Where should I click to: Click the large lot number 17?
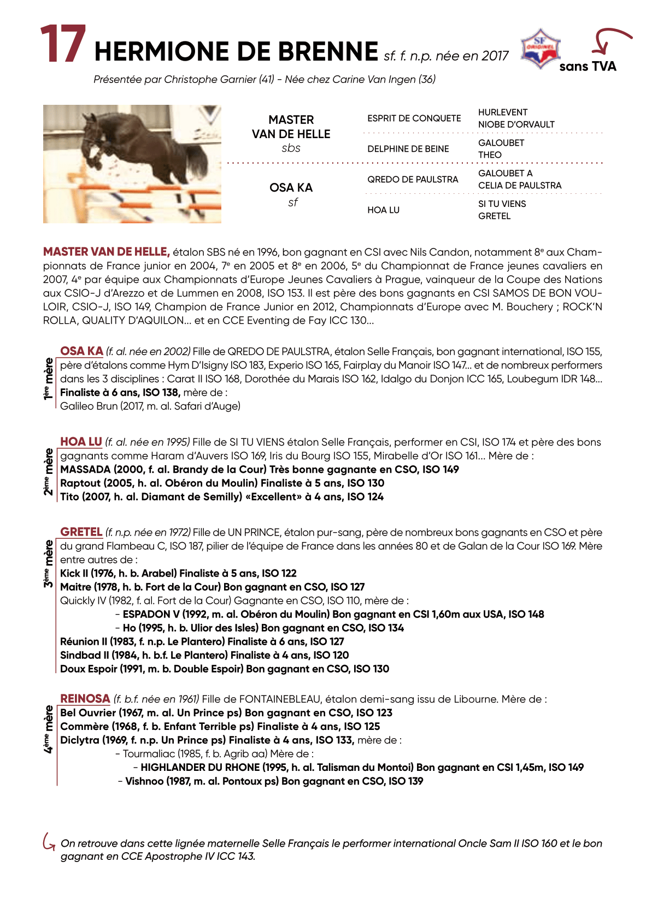click(63, 45)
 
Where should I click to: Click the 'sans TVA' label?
click(588, 67)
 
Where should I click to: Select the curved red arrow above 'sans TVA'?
click(609, 40)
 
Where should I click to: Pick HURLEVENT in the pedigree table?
click(503, 112)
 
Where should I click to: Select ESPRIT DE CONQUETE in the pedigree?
click(414, 118)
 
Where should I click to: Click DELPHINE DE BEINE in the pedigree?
click(408, 149)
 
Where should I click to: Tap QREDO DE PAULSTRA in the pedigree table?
click(413, 180)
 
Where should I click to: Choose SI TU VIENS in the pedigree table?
click(502, 204)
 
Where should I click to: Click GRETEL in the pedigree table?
click(494, 216)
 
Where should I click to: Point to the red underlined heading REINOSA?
click(85, 699)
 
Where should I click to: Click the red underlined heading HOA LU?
click(81, 442)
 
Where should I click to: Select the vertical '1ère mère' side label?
click(49, 378)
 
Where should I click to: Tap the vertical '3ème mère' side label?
click(49, 563)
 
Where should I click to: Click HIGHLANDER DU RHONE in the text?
click(200, 768)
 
